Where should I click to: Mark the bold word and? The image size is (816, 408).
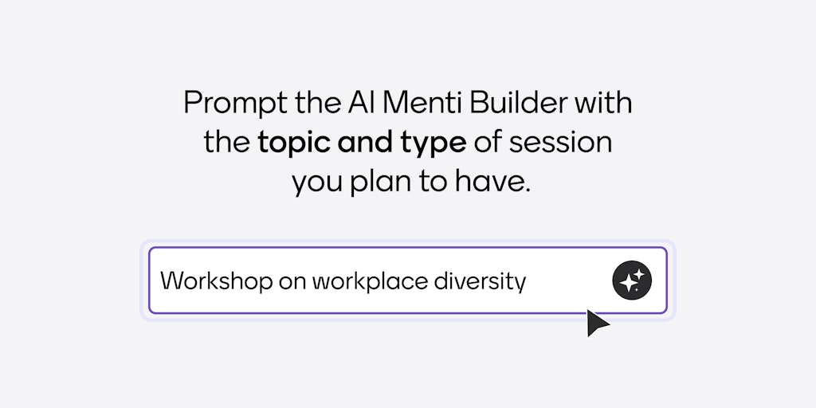(363, 143)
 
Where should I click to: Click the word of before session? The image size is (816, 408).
(488, 143)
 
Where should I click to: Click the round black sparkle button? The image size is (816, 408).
(632, 280)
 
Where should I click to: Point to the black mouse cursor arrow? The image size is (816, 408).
(596, 322)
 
